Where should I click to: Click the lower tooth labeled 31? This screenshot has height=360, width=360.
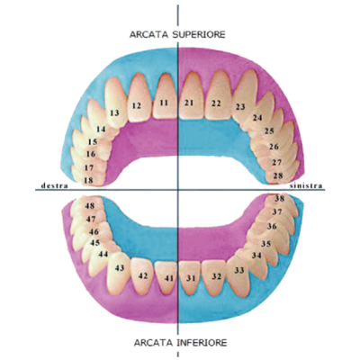pos(191,277)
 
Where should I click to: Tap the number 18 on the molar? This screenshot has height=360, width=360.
pos(90,180)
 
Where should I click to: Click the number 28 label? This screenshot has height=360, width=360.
pos(278,175)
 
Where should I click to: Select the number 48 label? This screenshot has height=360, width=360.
pos(90,206)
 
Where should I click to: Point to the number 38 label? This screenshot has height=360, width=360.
pos(280,198)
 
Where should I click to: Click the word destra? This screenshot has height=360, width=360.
pos(55,185)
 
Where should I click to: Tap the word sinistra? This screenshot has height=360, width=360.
pos(306,185)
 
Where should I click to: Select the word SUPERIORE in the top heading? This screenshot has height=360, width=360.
pos(198,34)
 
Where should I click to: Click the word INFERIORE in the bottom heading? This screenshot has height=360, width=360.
pos(202,342)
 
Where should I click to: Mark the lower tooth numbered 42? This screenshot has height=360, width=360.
pos(142,276)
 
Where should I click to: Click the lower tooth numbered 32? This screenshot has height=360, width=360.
pos(214,277)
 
